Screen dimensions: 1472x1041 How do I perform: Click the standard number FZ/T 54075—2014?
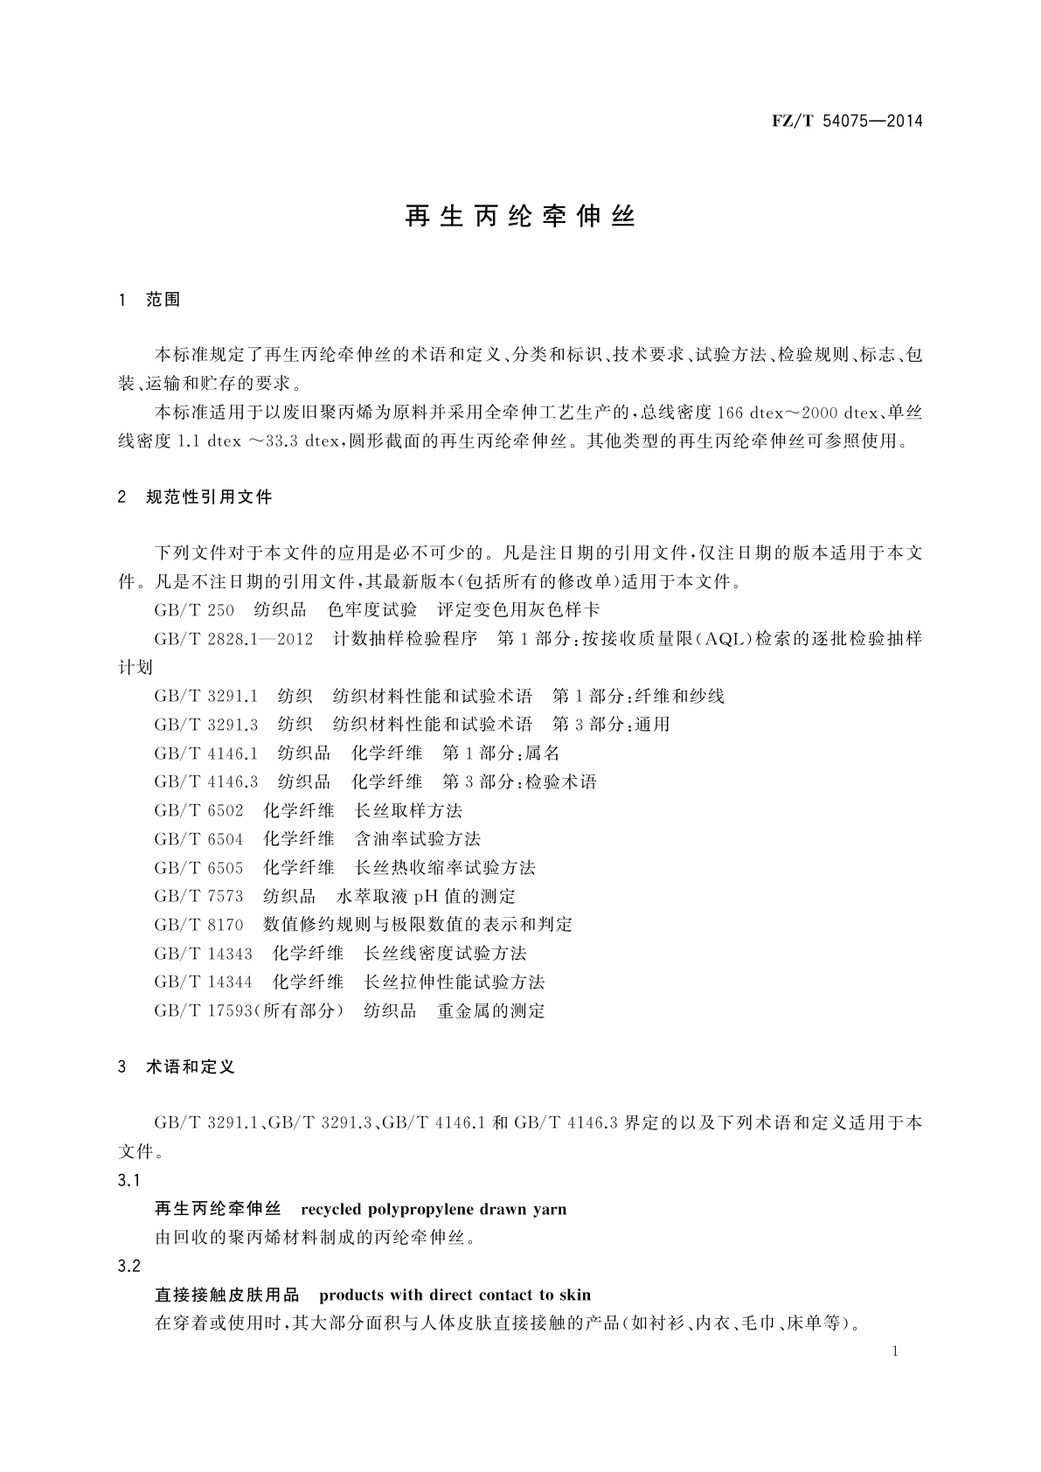[x=847, y=121]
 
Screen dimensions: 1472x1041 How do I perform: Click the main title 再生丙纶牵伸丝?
[x=520, y=217]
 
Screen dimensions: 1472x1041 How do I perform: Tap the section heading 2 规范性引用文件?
[x=195, y=497]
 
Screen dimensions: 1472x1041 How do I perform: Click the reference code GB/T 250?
[x=194, y=610]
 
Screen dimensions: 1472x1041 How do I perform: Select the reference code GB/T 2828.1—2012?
[x=233, y=639]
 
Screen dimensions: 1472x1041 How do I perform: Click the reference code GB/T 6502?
[x=198, y=810]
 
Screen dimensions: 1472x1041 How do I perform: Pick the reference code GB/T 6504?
[x=198, y=839]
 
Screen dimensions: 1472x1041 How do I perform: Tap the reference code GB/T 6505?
[x=198, y=868]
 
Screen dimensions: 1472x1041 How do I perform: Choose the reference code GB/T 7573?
[x=198, y=897]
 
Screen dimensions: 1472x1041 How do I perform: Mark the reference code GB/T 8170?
[x=198, y=925]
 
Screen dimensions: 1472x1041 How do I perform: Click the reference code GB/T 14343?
[x=203, y=954]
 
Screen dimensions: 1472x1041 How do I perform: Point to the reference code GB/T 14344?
[x=203, y=982]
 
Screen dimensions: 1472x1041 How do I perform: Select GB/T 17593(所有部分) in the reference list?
[x=249, y=1011]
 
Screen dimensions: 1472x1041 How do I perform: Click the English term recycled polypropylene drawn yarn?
[x=434, y=1210]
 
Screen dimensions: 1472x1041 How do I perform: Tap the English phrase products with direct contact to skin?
[x=455, y=1295]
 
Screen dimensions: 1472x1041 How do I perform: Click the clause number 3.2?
[x=129, y=1267]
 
